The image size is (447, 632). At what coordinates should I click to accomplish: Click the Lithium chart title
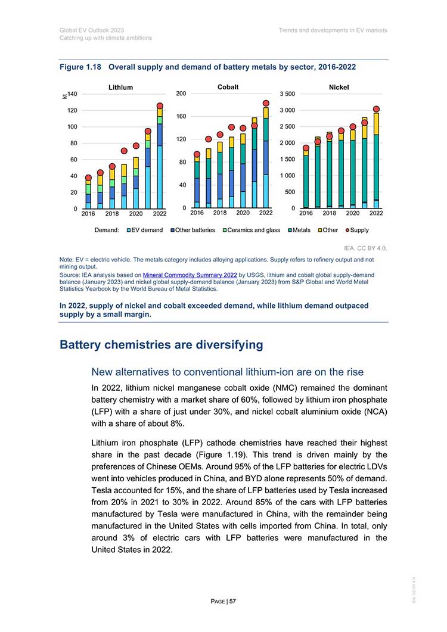point(120,87)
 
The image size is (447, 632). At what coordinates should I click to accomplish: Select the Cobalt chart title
point(228,86)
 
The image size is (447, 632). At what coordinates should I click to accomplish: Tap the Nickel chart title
point(339,87)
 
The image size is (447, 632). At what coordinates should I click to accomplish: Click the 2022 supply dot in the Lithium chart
point(160,105)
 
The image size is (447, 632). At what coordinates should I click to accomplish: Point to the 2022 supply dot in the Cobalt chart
point(266,103)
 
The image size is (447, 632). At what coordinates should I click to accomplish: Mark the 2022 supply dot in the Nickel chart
point(377,109)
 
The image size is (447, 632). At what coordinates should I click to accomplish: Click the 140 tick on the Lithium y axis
point(72,94)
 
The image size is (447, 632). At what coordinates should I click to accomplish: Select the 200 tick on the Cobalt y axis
point(181,94)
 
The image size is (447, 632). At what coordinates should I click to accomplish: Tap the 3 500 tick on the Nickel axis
point(287,94)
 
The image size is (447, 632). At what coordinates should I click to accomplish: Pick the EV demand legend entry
point(145,230)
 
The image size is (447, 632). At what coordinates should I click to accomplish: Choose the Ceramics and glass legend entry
point(252,230)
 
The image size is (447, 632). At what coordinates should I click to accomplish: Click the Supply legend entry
point(358,230)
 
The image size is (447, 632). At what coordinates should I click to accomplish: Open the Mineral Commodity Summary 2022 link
point(190,275)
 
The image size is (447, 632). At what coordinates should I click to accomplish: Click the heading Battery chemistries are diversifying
point(162,345)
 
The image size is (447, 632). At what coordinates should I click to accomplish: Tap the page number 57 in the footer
point(233,601)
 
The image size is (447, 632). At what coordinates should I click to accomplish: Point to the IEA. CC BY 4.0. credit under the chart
point(365,248)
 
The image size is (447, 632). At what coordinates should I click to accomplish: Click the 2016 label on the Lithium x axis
point(88,214)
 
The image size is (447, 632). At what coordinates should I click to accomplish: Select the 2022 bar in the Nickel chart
point(377,160)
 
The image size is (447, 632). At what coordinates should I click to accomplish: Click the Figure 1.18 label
point(80,67)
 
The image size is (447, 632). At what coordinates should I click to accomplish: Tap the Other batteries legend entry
point(193,230)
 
